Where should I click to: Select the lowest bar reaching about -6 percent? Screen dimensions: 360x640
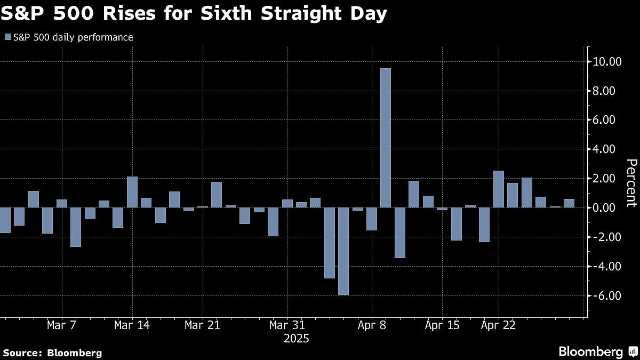pos(343,251)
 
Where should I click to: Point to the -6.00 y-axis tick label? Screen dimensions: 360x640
pos(605,295)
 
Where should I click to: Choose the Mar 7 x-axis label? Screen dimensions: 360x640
pos(62,325)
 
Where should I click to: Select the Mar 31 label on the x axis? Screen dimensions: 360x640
pos(287,325)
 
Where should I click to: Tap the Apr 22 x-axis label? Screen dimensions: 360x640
pos(498,325)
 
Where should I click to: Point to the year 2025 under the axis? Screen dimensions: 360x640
pos(296,339)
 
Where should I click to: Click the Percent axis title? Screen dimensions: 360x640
pos(631,182)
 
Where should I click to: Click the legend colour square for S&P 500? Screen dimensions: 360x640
pos(7,37)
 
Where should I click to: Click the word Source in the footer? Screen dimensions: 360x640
pos(22,353)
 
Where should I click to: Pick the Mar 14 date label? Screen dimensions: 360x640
pos(132,325)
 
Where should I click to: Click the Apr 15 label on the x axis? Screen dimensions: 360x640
pos(442,325)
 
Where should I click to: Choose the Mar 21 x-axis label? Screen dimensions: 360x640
pos(203,325)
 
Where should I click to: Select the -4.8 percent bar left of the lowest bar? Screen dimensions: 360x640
pos(329,243)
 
